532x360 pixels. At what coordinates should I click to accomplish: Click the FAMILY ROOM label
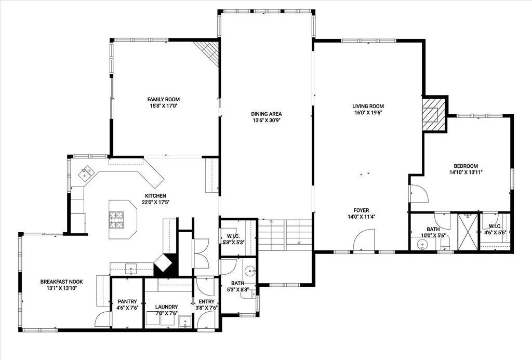[x=163, y=99]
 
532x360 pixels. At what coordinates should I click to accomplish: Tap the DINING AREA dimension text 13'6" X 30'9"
[x=267, y=120]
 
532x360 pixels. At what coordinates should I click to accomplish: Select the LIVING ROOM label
[x=368, y=106]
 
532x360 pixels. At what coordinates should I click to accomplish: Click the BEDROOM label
[x=466, y=166]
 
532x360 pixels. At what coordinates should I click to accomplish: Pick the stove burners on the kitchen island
[x=116, y=220]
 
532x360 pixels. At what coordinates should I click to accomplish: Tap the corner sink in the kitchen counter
[x=86, y=172]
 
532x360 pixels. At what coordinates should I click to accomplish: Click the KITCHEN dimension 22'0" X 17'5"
[x=155, y=202]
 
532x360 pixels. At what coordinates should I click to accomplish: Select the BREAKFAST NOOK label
[x=61, y=282]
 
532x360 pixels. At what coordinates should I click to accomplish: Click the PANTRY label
[x=128, y=301]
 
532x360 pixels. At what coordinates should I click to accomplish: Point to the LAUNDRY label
[x=167, y=306]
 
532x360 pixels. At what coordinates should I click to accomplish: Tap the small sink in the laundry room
[x=185, y=322]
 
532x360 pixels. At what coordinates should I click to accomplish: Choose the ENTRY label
[x=206, y=301]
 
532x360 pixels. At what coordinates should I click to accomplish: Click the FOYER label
[x=361, y=210]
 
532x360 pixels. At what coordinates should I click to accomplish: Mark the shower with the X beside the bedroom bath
[x=467, y=232]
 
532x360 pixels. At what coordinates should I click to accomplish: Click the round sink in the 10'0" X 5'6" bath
[x=422, y=243]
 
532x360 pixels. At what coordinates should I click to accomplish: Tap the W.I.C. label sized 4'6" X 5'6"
[x=495, y=226]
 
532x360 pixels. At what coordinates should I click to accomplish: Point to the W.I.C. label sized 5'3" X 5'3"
[x=234, y=236]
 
